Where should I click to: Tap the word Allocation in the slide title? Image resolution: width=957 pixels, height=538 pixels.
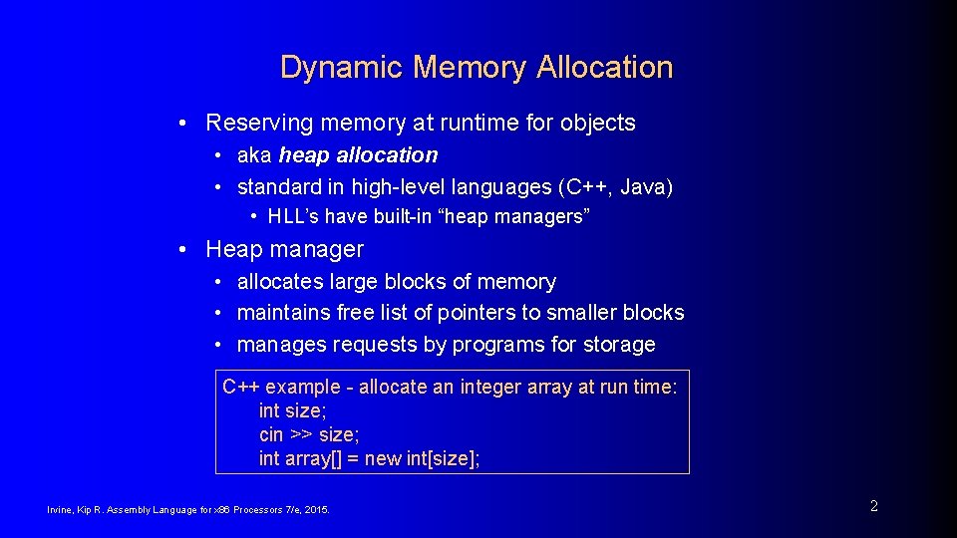tap(604, 68)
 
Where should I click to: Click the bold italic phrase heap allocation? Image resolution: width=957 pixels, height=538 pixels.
tap(358, 155)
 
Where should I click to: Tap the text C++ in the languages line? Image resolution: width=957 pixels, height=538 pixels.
tap(587, 187)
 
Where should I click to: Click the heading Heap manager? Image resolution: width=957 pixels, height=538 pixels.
tap(284, 249)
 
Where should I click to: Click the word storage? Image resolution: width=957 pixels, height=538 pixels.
tap(619, 345)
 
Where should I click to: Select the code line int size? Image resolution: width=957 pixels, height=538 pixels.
tap(291, 410)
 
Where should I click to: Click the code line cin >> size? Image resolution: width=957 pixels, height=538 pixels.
tap(309, 434)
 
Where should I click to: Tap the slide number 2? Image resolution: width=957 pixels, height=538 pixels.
tap(874, 506)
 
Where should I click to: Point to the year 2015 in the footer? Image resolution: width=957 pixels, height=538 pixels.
tap(316, 510)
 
